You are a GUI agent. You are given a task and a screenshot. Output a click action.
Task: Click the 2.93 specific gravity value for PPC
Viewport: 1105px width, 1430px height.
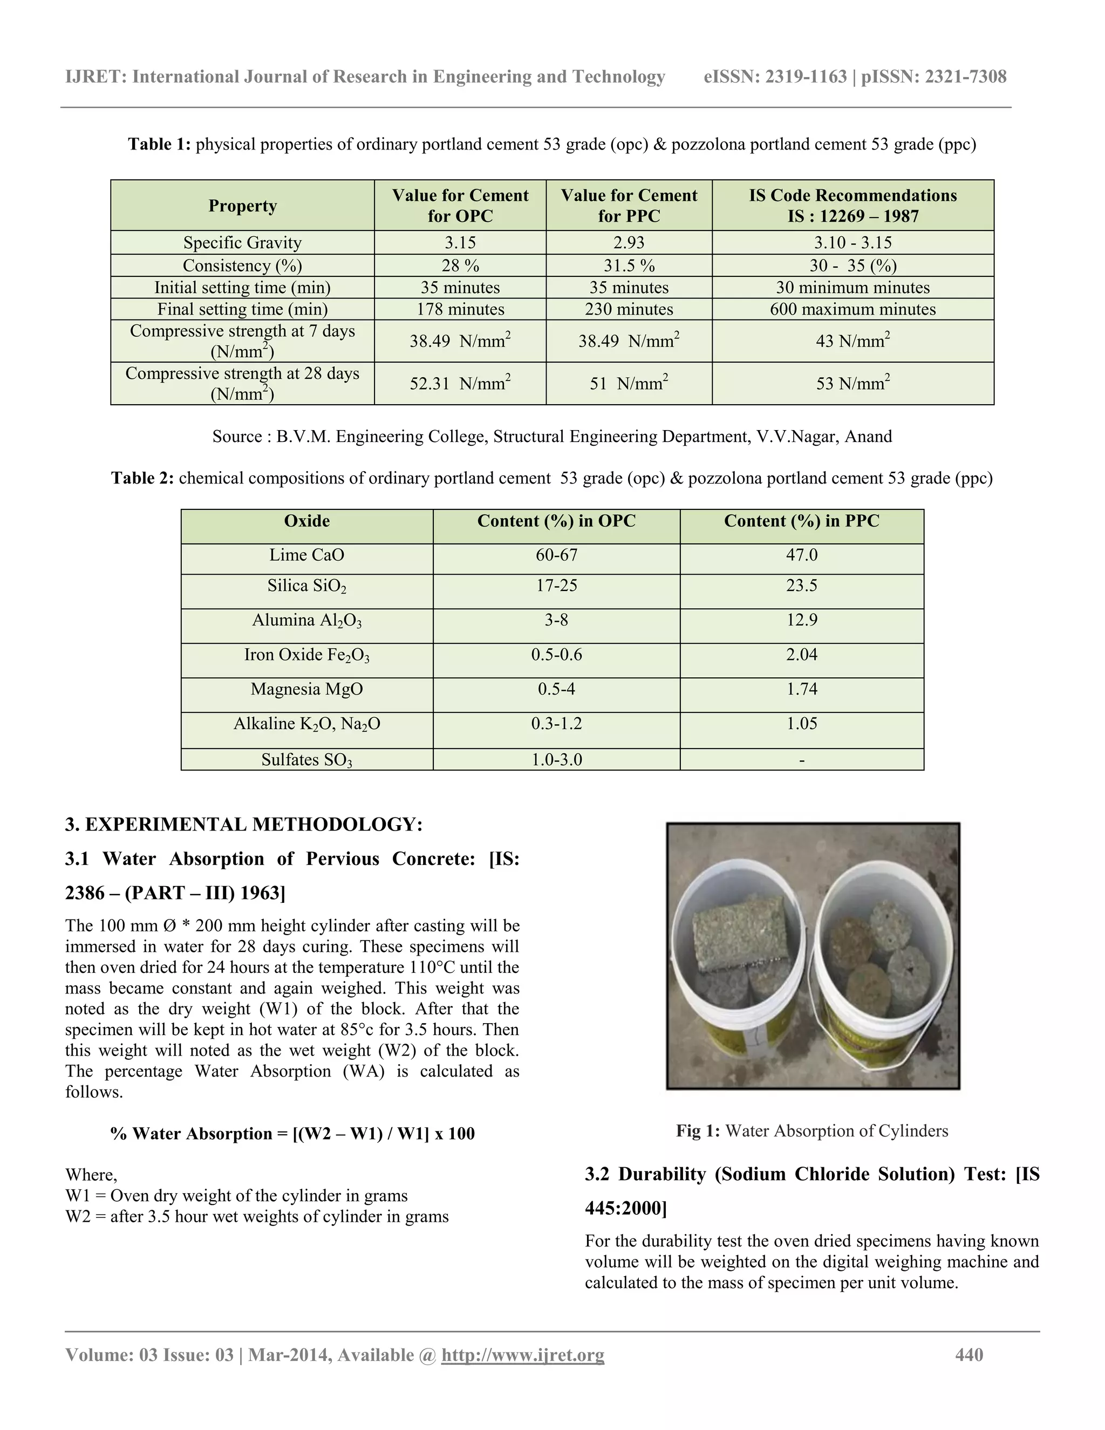629,242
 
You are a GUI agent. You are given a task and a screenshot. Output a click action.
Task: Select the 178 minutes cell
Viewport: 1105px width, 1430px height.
460,309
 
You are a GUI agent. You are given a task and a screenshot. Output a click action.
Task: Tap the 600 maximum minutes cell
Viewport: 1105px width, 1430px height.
852,309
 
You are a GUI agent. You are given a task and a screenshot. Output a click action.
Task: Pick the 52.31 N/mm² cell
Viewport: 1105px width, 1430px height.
460,383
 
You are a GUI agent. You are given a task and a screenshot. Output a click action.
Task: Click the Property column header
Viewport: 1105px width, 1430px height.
242,206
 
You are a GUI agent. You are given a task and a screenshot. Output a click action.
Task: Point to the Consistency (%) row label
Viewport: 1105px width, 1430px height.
242,265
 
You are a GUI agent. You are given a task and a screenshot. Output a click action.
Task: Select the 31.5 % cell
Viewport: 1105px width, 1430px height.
629,265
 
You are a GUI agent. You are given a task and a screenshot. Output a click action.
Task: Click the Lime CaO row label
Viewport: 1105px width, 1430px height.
306,555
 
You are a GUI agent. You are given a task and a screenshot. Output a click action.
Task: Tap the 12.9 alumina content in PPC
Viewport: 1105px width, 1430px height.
801,620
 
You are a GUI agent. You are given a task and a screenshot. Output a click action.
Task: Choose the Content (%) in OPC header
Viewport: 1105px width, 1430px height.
556,521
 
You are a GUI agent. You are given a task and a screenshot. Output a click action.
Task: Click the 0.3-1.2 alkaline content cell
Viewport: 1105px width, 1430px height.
556,724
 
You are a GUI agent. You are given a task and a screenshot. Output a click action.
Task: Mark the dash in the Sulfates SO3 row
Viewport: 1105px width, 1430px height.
801,760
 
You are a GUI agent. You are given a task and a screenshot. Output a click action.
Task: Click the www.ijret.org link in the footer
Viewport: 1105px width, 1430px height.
522,1354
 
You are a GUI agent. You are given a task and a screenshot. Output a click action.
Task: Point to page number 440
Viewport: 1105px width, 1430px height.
969,1354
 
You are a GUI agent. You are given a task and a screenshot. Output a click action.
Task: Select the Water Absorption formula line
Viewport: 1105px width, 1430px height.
292,1133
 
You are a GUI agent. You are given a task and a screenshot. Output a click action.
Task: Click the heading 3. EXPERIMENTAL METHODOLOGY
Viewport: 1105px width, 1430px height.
243,825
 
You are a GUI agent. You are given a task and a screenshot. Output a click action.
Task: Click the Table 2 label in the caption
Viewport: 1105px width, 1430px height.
142,478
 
